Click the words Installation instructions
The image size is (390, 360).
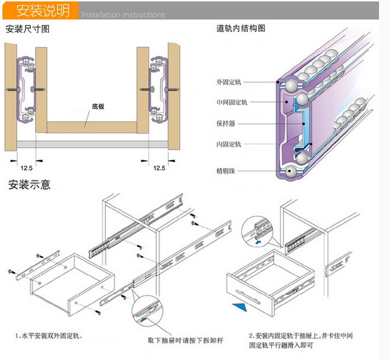pos(123,15)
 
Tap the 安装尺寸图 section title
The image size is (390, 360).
pos(28,30)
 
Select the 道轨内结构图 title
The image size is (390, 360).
pos(241,29)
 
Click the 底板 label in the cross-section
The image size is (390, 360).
pos(98,107)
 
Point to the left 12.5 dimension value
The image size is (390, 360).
pos(26,168)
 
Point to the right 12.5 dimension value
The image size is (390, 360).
pos(159,168)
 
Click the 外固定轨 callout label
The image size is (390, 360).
pos(228,82)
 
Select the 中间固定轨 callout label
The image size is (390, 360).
pos(232,102)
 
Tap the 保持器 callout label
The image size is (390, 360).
pos(226,124)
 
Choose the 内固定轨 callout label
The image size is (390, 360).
pos(228,144)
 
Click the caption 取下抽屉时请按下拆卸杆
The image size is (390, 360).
pos(185,340)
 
